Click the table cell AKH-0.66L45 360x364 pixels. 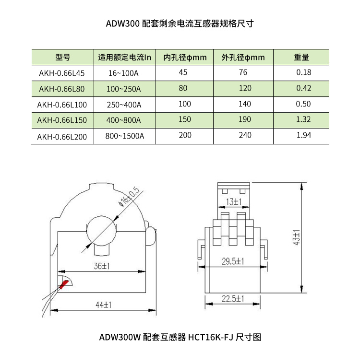click(62, 73)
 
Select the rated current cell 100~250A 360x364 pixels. click(124, 89)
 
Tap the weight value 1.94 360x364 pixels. click(303, 135)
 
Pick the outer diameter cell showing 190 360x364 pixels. click(245, 119)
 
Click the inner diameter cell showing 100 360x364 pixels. click(185, 104)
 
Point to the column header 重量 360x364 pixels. click(301, 57)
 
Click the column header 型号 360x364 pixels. click(63, 57)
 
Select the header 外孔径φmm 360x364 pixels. click(243, 58)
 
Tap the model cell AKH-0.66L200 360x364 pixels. click(62, 137)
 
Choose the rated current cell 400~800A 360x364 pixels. click(124, 120)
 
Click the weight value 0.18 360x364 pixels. click(303, 72)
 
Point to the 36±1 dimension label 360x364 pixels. click(102, 266)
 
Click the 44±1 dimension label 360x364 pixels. click(104, 305)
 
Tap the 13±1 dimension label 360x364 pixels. click(234, 202)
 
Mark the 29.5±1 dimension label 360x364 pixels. click(233, 261)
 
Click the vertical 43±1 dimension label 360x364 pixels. click(296, 237)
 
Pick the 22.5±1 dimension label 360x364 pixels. click(233, 298)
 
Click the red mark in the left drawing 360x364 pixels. click(64, 284)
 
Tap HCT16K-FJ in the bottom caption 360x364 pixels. click(210, 337)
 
